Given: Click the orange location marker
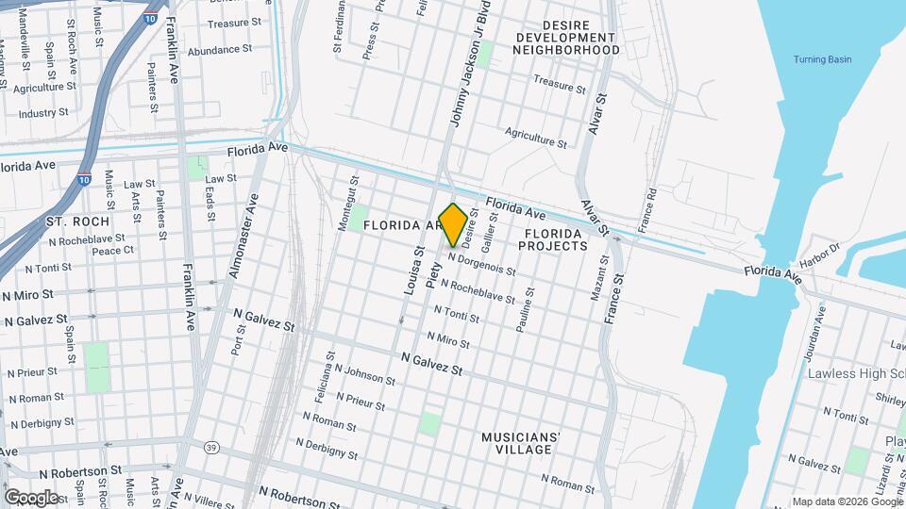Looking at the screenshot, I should (453, 224).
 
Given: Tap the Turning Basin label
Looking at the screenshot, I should (822, 59).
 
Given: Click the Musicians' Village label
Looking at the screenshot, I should (521, 443).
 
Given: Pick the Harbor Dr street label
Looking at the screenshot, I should (820, 252).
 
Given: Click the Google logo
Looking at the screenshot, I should (31, 497).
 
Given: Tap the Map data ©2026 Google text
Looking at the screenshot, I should (847, 501).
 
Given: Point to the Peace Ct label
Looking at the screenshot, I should (113, 251).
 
